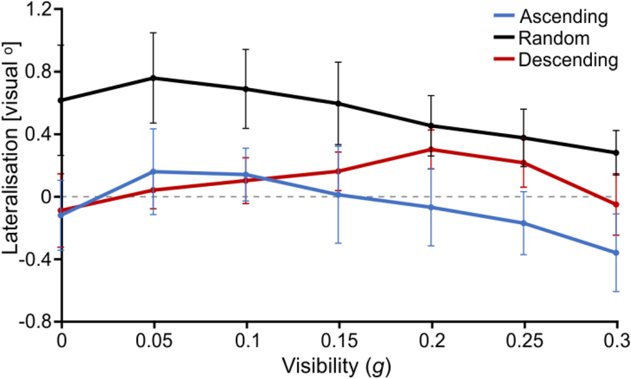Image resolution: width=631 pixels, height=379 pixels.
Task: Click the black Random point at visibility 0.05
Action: (154, 78)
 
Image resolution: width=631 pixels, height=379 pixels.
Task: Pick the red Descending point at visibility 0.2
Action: (432, 149)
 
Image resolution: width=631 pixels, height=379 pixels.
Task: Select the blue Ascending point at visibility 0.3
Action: (617, 253)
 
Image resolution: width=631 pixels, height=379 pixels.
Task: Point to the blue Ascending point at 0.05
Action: (154, 172)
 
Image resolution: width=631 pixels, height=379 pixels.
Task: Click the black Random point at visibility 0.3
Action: (617, 153)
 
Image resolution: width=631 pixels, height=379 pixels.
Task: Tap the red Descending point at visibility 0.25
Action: (524, 163)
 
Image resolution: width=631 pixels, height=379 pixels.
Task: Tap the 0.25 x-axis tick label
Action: (524, 341)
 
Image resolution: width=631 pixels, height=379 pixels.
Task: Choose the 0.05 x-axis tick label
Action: (154, 341)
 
